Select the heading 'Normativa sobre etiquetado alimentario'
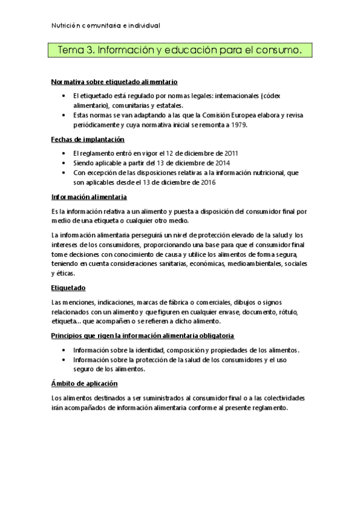114,81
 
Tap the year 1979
237,124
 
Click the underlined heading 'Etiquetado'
68,288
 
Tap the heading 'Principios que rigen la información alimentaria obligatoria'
142,336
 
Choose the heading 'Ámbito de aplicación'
84,383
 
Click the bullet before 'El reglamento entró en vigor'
64,153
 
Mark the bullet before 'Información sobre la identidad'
64,350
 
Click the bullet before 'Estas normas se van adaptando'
64,115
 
